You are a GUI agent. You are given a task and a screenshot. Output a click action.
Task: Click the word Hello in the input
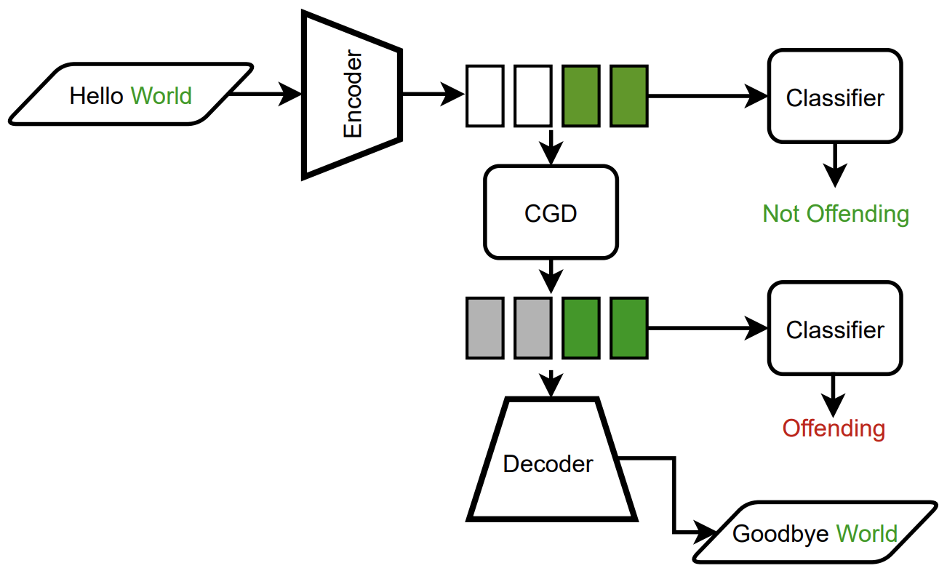(x=96, y=96)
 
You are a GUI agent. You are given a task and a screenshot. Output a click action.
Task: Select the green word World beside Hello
(x=161, y=96)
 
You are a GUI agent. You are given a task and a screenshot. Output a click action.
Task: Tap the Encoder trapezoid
(x=352, y=95)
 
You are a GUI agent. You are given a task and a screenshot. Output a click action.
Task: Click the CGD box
(x=551, y=212)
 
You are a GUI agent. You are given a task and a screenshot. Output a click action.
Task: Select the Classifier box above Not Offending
(x=834, y=96)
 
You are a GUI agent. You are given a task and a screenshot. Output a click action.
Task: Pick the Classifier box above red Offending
(x=834, y=329)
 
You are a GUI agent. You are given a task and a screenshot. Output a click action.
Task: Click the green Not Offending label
(x=835, y=214)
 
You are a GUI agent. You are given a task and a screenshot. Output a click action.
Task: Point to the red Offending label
(x=834, y=428)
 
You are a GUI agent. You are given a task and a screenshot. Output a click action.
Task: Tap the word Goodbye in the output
(x=780, y=534)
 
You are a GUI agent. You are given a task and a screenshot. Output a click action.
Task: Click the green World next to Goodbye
(x=866, y=534)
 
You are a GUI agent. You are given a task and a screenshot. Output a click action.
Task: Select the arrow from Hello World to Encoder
(x=265, y=94)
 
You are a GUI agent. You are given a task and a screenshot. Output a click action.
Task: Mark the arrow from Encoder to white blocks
(x=433, y=94)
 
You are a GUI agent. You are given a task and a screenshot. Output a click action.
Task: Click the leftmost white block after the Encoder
(x=484, y=95)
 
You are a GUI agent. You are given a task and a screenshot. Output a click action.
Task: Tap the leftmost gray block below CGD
(x=484, y=328)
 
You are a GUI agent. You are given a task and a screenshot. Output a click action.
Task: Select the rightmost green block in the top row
(x=628, y=95)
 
